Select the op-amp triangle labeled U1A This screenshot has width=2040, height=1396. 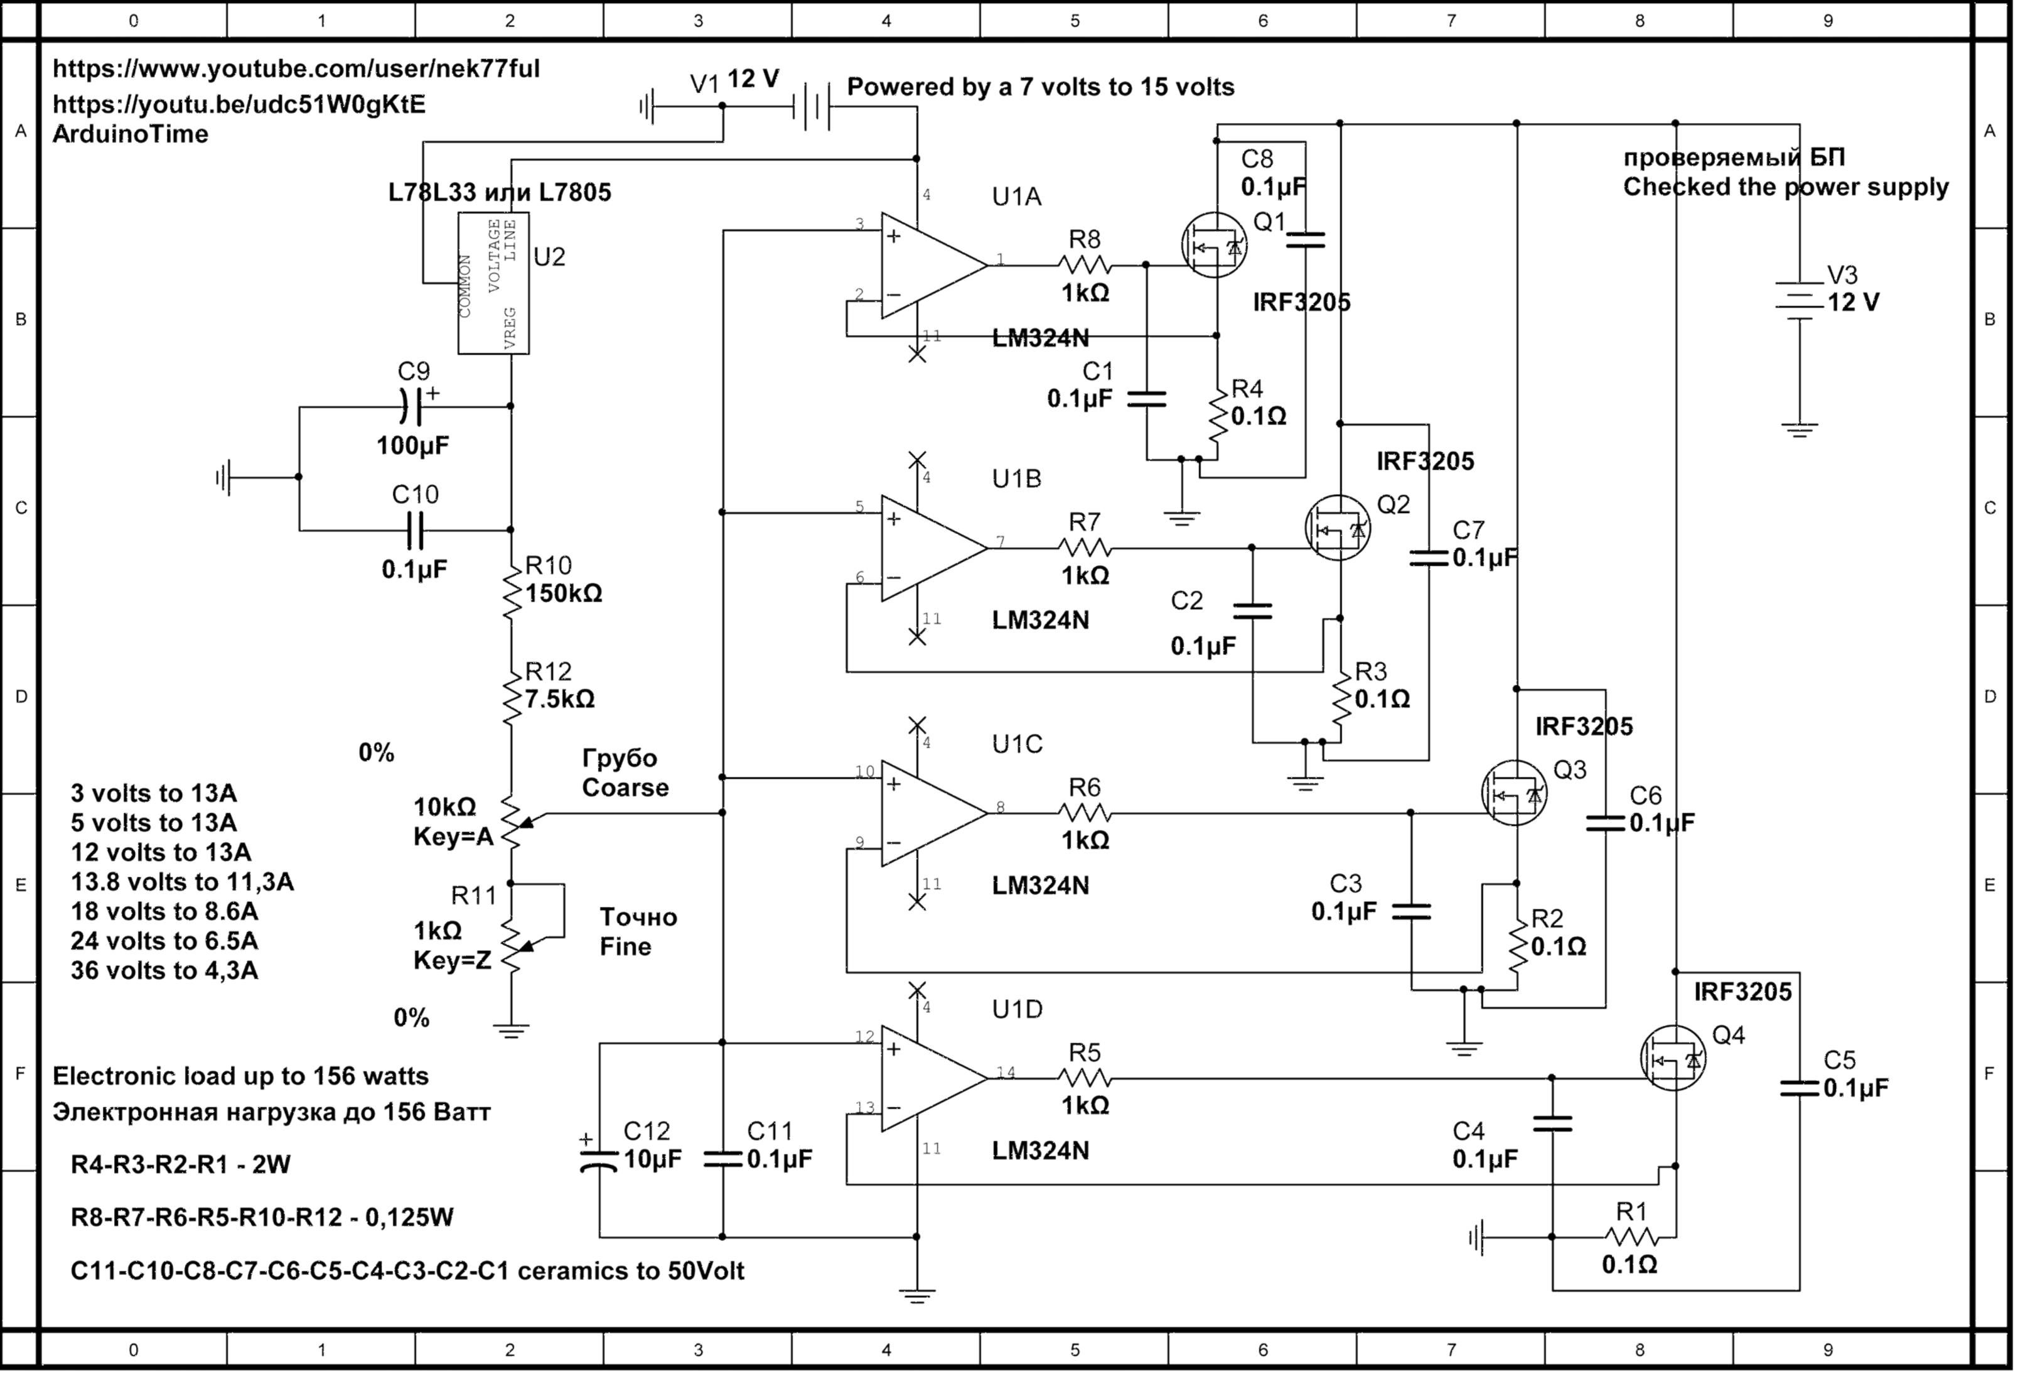[x=930, y=265]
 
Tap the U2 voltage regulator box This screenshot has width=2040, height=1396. [x=493, y=283]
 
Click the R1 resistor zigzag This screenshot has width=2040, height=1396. [x=1632, y=1237]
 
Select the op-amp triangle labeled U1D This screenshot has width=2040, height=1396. [x=930, y=1078]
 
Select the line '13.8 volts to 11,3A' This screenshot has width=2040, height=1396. [x=181, y=882]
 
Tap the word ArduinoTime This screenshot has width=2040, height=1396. [x=131, y=134]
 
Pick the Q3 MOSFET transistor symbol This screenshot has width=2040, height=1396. [x=1514, y=793]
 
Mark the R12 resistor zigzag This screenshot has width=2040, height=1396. [x=511, y=698]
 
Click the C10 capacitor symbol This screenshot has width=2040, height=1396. [x=414, y=530]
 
